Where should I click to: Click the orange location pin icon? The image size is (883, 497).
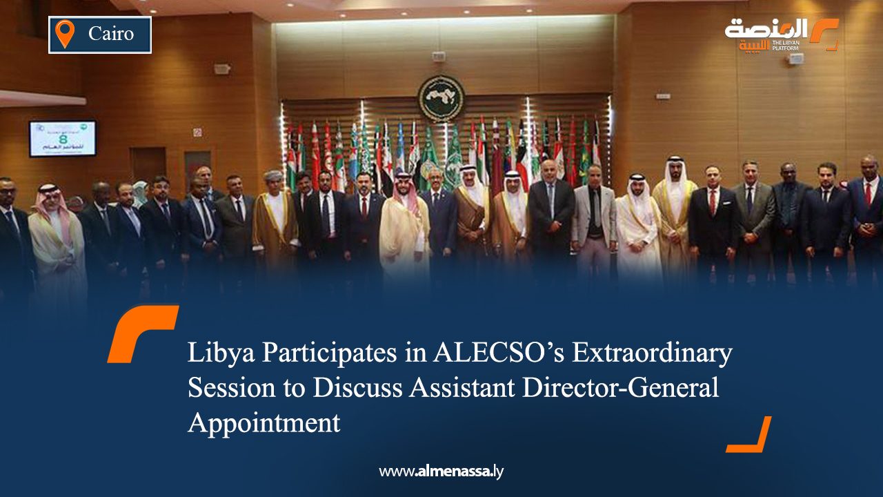(x=64, y=34)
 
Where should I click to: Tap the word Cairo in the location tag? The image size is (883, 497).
(x=111, y=33)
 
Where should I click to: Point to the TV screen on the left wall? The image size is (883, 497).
(x=63, y=138)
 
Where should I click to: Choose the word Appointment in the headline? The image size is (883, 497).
(x=264, y=422)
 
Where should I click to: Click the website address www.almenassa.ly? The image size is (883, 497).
(x=441, y=471)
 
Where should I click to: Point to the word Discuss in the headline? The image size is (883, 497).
(x=358, y=387)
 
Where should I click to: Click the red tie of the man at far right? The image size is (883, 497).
(x=868, y=195)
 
